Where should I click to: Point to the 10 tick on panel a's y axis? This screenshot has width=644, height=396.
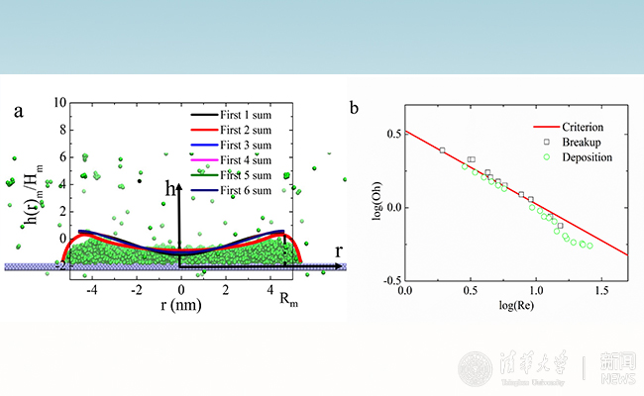[x=59, y=103]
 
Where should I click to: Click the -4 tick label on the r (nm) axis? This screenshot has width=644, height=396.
[x=91, y=290]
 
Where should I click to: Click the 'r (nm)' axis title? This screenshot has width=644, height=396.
[x=179, y=305]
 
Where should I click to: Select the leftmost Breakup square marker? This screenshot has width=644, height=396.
[x=442, y=150]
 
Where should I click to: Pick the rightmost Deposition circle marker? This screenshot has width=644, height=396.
[x=590, y=246]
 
